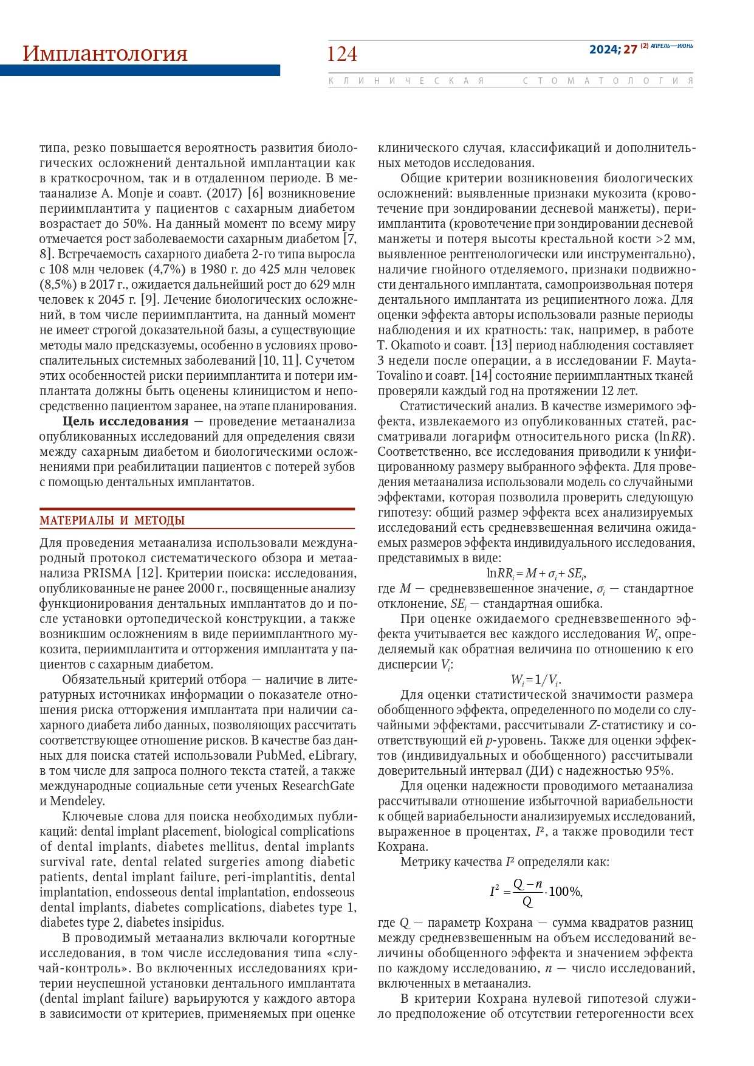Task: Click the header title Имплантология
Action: (105, 53)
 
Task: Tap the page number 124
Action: (341, 54)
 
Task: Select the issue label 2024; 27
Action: (612, 49)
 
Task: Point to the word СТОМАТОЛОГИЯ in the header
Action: (608, 81)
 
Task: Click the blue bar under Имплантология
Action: (140, 70)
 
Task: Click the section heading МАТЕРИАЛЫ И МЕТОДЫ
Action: (112, 520)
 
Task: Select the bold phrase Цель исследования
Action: (125, 421)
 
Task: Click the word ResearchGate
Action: (318, 786)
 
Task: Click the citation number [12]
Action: (148, 573)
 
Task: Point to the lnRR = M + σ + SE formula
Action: (536, 573)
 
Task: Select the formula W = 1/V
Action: (536, 679)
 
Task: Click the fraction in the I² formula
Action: (527, 892)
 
